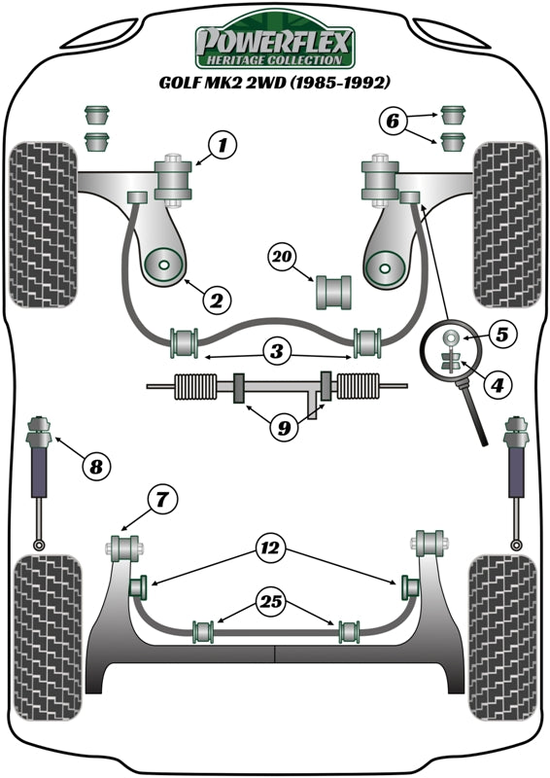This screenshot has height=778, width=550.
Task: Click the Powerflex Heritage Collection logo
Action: [276, 46]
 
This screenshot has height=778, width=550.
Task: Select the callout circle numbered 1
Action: [222, 148]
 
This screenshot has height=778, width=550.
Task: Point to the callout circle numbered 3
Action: [277, 349]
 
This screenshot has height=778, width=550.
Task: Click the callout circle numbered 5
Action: [499, 336]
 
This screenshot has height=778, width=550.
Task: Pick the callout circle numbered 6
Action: [392, 122]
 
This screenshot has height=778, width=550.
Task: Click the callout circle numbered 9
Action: [282, 425]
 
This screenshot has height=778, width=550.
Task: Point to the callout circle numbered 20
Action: [282, 258]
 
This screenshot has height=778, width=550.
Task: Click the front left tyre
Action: [44, 224]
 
